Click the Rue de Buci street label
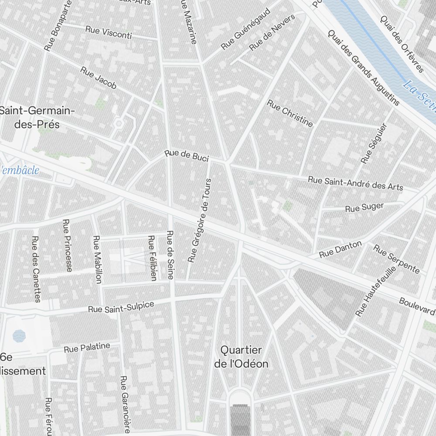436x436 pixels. click(187, 155)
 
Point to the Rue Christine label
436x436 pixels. click(290, 113)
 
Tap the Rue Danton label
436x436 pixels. click(340, 249)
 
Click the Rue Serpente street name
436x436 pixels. click(396, 259)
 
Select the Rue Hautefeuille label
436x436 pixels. click(375, 291)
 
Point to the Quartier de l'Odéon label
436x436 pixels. click(241, 357)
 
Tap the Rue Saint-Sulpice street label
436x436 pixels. click(121, 307)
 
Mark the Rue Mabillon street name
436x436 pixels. click(97, 259)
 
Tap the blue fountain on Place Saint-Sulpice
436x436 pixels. click(19, 335)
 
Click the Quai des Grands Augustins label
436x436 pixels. click(363, 68)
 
